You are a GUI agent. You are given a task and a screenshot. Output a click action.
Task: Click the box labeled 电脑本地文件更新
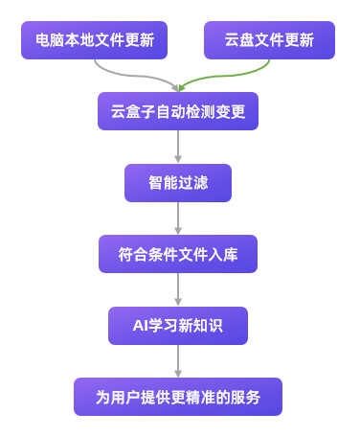pos(94,40)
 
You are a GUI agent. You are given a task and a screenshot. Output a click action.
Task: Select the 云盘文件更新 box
pos(269,40)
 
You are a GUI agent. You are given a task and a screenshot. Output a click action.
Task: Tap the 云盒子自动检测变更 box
pos(178,111)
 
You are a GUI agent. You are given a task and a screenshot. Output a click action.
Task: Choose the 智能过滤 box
pos(178,182)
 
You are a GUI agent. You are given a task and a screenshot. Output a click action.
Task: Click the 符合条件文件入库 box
pos(178,254)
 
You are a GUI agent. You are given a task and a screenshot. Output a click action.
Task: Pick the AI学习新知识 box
pos(178,325)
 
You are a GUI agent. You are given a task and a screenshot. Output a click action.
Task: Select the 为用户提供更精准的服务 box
pos(178,396)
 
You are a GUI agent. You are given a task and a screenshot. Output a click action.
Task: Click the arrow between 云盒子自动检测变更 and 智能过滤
pos(178,147)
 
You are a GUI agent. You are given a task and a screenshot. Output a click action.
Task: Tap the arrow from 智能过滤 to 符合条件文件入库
pos(178,218)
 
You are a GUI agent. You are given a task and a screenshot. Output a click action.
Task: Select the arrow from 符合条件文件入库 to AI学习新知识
pos(178,289)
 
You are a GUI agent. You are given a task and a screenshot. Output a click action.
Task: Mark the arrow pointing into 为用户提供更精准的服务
pos(178,360)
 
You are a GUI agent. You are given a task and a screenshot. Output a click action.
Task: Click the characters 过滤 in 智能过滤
pos(193,182)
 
